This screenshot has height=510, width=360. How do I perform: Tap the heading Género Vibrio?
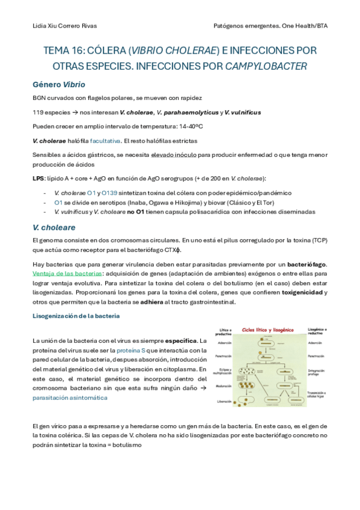coord(58,84)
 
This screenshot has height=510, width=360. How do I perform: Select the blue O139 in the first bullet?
coord(109,192)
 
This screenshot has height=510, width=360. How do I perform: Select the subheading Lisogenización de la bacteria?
coord(76,316)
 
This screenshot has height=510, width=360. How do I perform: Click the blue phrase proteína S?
coord(131,350)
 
